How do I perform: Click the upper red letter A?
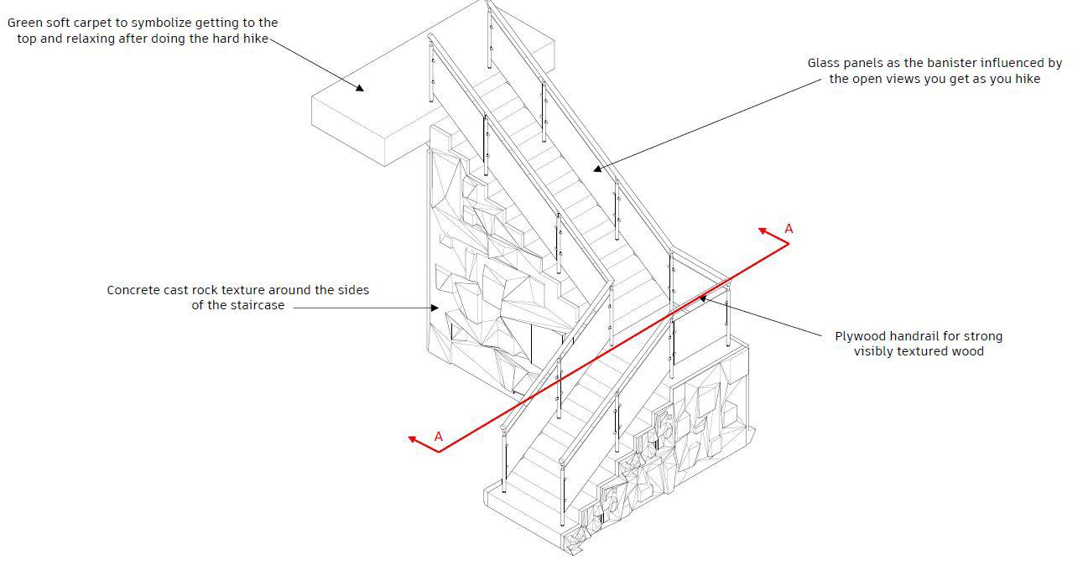(x=789, y=228)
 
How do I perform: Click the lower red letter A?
(x=438, y=436)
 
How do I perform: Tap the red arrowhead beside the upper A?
(x=763, y=230)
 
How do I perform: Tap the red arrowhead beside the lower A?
(x=413, y=438)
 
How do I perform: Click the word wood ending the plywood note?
(x=967, y=351)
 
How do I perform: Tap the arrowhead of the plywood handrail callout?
(x=702, y=297)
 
